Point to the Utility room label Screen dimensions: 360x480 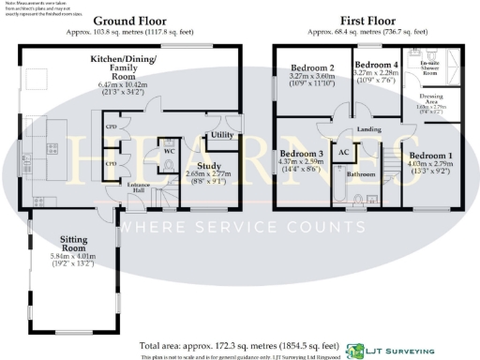pos(222,136)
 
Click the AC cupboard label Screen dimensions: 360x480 pos(342,152)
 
